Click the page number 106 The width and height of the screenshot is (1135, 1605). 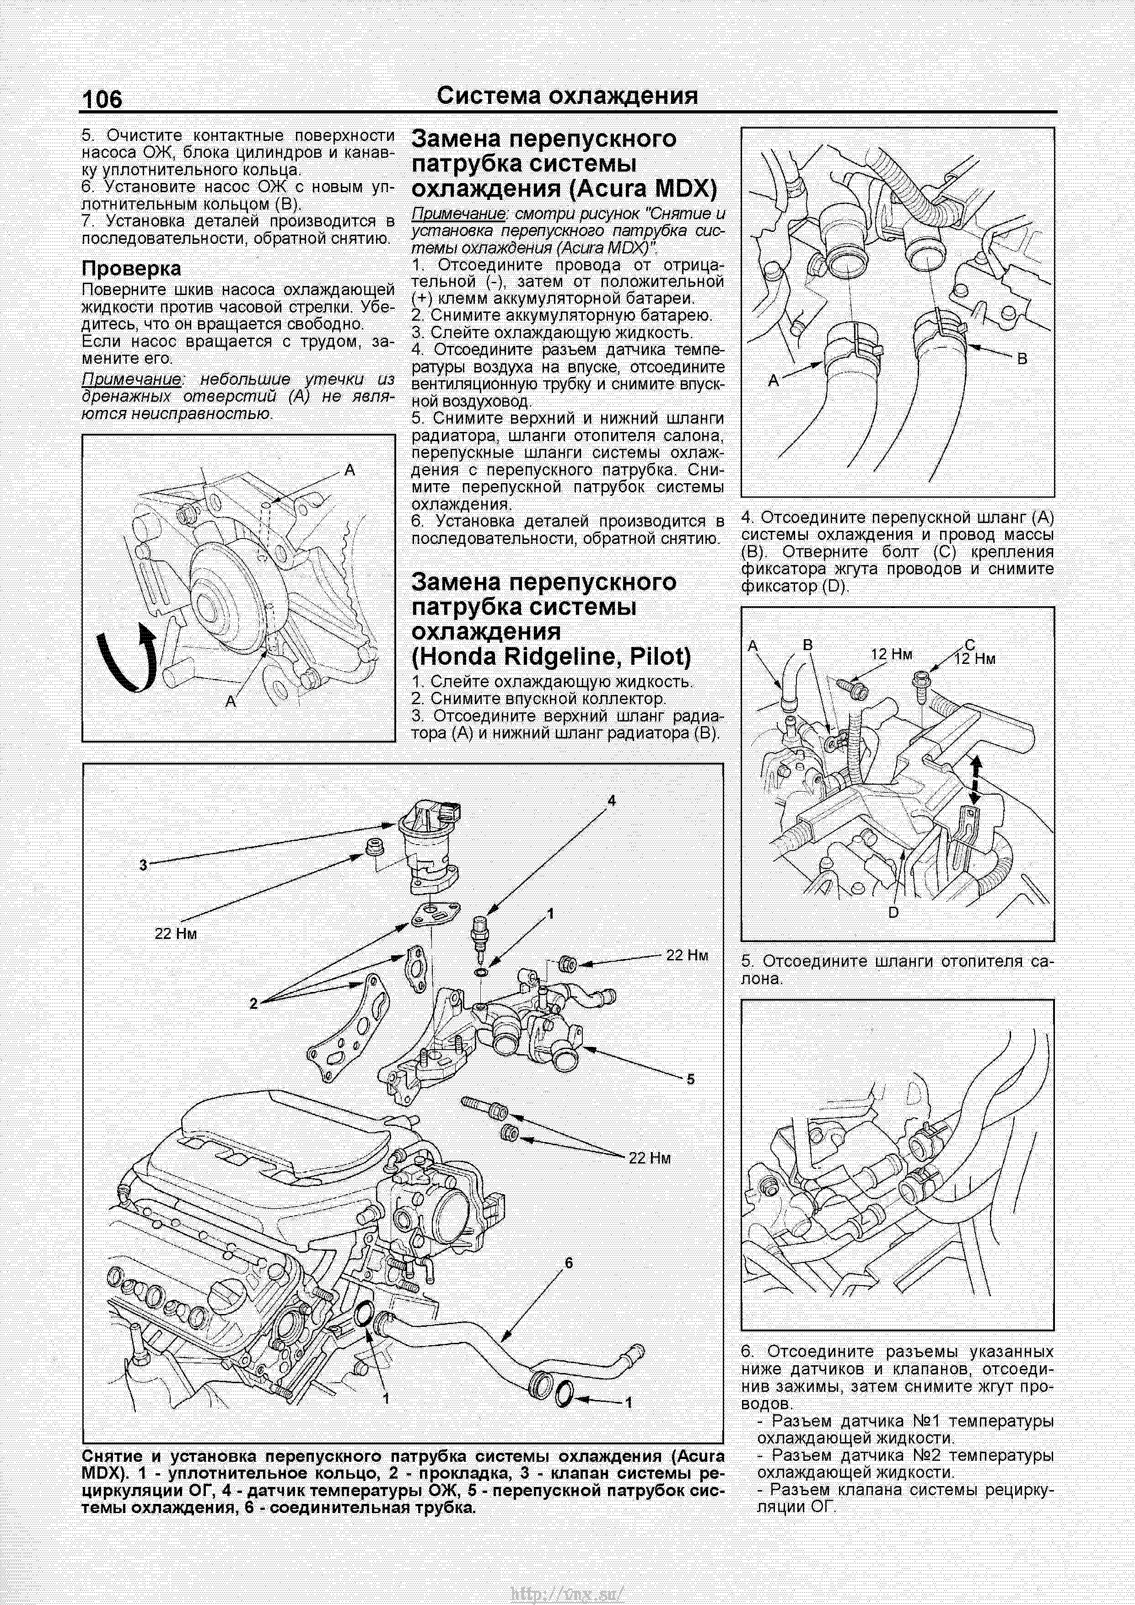[x=102, y=99]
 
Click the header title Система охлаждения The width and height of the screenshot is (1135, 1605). [x=567, y=96]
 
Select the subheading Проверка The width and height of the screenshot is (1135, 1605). [x=131, y=269]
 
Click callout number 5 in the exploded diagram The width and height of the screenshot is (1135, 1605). [x=690, y=1079]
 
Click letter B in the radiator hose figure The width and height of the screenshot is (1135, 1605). [x=1022, y=359]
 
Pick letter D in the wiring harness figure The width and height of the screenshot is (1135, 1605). [x=893, y=912]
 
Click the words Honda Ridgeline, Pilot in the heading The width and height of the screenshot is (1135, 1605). [x=551, y=657]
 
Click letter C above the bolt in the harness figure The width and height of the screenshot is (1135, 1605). [x=969, y=645]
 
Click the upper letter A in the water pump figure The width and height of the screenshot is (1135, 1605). [x=350, y=470]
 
